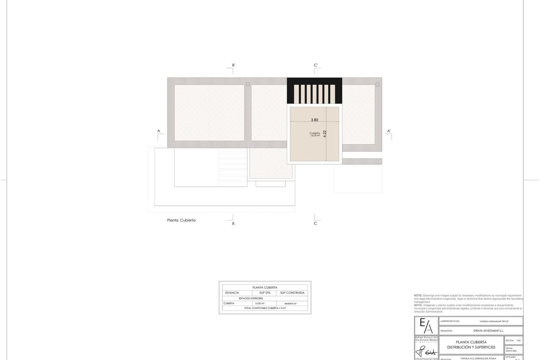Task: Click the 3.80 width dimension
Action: pyautogui.click(x=315, y=120)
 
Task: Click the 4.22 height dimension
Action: pyautogui.click(x=325, y=134)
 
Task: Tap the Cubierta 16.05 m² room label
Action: pyautogui.click(x=315, y=134)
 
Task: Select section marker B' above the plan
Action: pyautogui.click(x=233, y=66)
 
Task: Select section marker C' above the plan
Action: pyautogui.click(x=316, y=66)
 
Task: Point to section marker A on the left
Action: pyautogui.click(x=159, y=131)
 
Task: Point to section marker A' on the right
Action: pyautogui.click(x=389, y=131)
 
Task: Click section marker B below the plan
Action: pyautogui.click(x=233, y=223)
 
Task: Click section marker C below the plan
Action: pyautogui.click(x=315, y=223)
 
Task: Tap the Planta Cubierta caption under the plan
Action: pyautogui.click(x=181, y=220)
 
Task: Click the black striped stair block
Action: pyautogui.click(x=315, y=91)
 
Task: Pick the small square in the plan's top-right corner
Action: pyautogui.click(x=377, y=84)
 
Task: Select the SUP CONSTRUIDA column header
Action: pyautogui.click(x=292, y=292)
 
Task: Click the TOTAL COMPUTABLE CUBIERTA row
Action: pyautogui.click(x=265, y=308)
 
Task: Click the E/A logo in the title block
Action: pyautogui.click(x=426, y=325)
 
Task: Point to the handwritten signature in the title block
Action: pyautogui.click(x=426, y=351)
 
